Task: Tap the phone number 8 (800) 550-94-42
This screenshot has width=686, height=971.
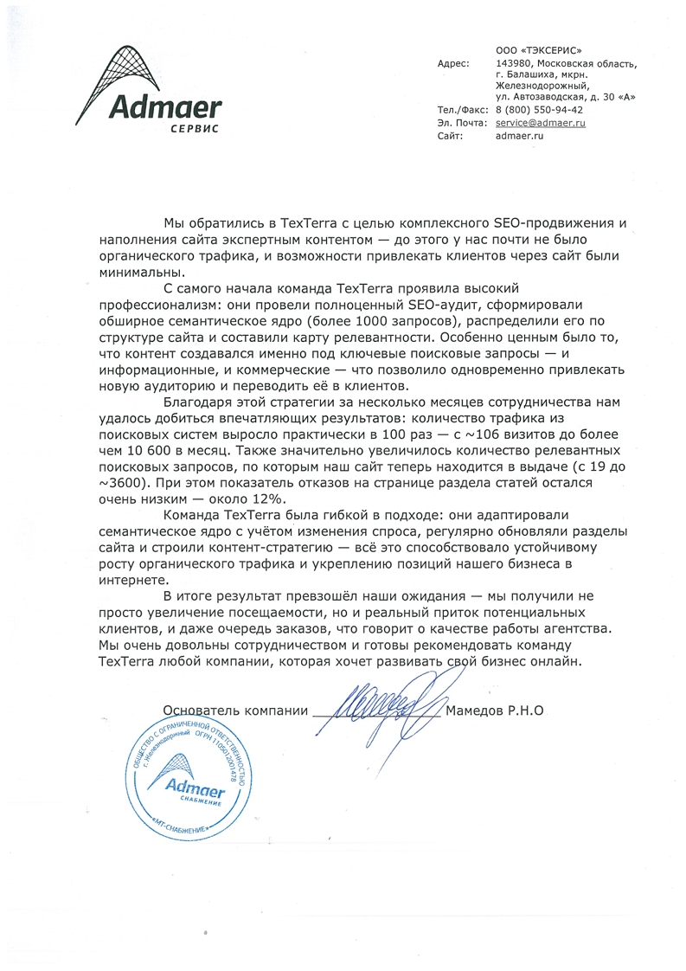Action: coord(538,111)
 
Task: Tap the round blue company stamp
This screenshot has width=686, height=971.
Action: coord(189,779)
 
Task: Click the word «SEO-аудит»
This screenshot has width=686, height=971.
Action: coord(437,305)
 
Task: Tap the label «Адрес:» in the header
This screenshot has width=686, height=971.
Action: coord(453,63)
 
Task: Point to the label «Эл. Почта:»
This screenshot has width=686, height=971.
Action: coord(461,124)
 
